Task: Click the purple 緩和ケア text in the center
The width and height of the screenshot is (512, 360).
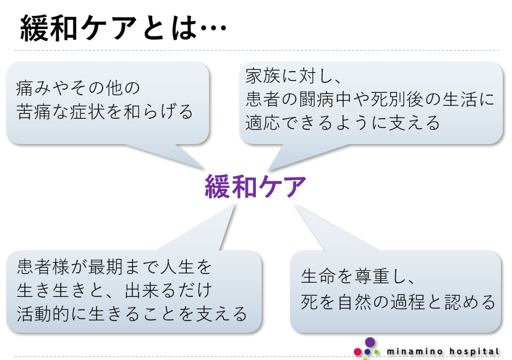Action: tap(255, 186)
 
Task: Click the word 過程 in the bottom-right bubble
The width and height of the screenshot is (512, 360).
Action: tap(420, 302)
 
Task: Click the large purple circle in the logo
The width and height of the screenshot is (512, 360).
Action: tap(370, 343)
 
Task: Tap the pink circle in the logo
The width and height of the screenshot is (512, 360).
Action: tap(357, 352)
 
